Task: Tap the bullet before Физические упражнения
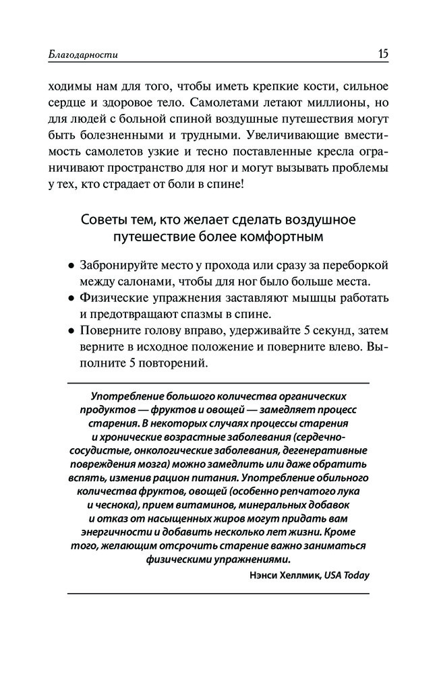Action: pos(71,299)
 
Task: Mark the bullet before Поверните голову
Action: pos(71,331)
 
